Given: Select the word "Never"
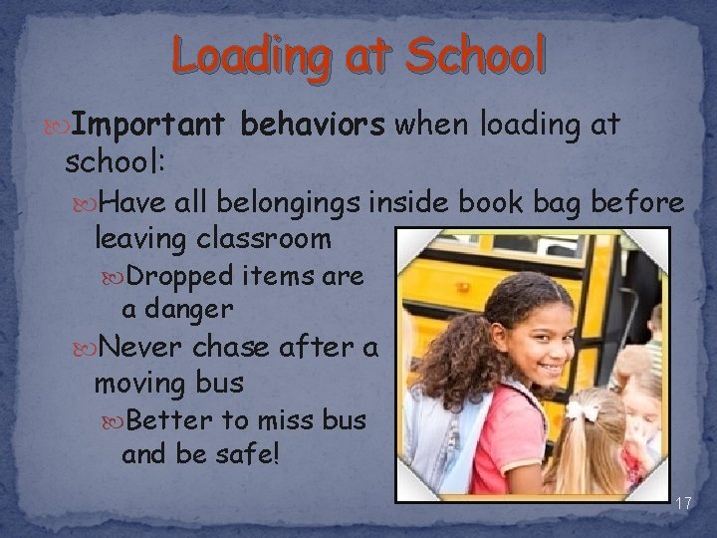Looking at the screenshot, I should pyautogui.click(x=149, y=346).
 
